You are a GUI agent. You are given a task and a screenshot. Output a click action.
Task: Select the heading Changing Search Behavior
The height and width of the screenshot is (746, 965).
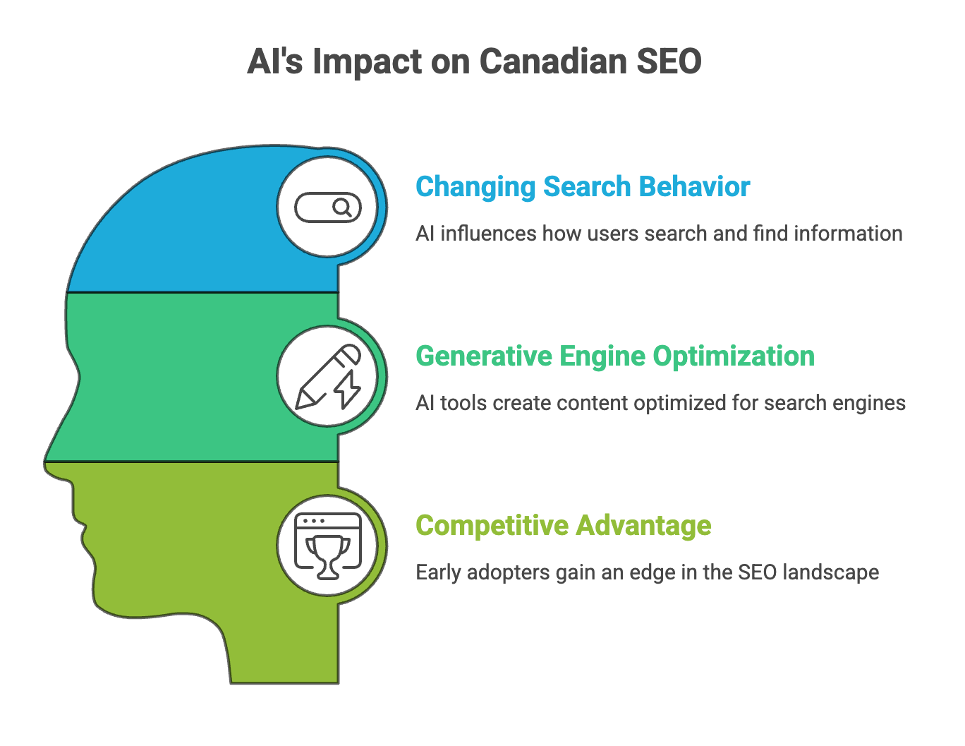click(582, 187)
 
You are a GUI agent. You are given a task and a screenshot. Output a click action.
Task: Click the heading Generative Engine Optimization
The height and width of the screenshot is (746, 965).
click(614, 356)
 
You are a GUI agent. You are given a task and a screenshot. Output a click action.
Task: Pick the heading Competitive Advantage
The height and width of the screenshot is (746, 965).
click(563, 526)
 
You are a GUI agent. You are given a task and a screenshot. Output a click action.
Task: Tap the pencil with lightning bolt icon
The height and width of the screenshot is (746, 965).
click(328, 377)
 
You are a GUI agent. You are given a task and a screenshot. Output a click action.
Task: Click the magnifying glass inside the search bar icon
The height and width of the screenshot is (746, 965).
click(342, 207)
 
